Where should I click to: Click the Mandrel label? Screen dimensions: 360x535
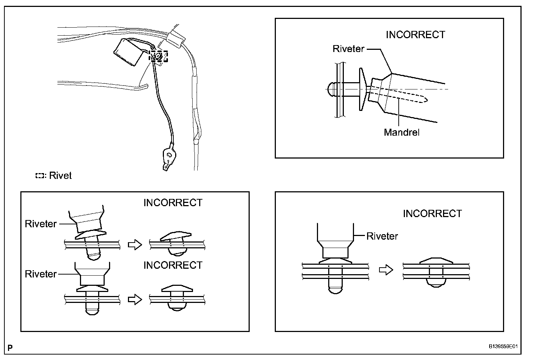click(401, 132)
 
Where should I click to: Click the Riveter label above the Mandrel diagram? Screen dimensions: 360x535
click(348, 49)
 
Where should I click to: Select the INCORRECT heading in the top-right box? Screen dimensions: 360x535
click(415, 35)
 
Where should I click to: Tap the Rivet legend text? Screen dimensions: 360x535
click(60, 176)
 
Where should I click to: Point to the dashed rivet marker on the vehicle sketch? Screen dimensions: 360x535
click(158, 56)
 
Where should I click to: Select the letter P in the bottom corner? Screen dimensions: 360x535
click(10, 348)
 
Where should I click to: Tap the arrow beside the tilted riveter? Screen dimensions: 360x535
click(135, 245)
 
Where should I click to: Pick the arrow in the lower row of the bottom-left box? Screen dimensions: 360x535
click(135, 300)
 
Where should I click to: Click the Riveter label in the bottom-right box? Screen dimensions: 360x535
click(382, 236)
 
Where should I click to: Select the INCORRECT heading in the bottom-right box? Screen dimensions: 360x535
click(432, 213)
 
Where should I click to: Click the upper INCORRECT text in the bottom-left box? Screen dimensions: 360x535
click(173, 203)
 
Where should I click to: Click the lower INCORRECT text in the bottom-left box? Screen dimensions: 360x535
click(173, 265)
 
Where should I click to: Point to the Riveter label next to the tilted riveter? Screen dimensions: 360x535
click(41, 224)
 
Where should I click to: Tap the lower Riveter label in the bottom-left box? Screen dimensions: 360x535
click(41, 274)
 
